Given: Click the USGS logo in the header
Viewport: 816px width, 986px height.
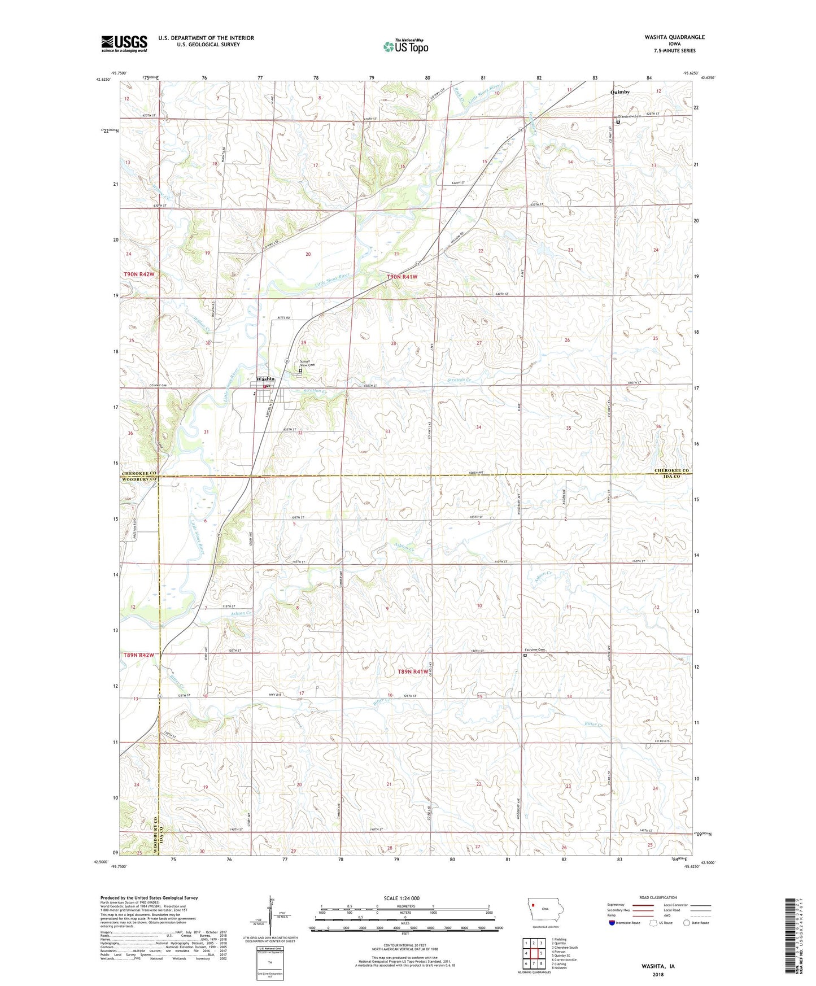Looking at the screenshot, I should pyautogui.click(x=124, y=43).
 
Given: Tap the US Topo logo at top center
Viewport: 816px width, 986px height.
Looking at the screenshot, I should pyautogui.click(x=405, y=46).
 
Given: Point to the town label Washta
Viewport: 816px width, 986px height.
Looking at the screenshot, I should pyautogui.click(x=265, y=379).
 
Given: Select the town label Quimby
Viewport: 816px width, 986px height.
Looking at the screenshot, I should pyautogui.click(x=620, y=92).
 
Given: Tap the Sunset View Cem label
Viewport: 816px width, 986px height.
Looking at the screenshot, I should pyautogui.click(x=307, y=363).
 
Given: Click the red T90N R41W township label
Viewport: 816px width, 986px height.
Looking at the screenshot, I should pyautogui.click(x=402, y=277).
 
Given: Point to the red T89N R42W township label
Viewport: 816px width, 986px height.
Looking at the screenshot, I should pyautogui.click(x=138, y=655).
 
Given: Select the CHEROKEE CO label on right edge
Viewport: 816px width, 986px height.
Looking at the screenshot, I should pyautogui.click(x=672, y=470).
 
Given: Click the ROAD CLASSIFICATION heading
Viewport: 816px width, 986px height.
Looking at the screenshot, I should pyautogui.click(x=657, y=897).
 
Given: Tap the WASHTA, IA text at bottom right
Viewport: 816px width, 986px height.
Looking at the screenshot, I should pyautogui.click(x=658, y=966).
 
